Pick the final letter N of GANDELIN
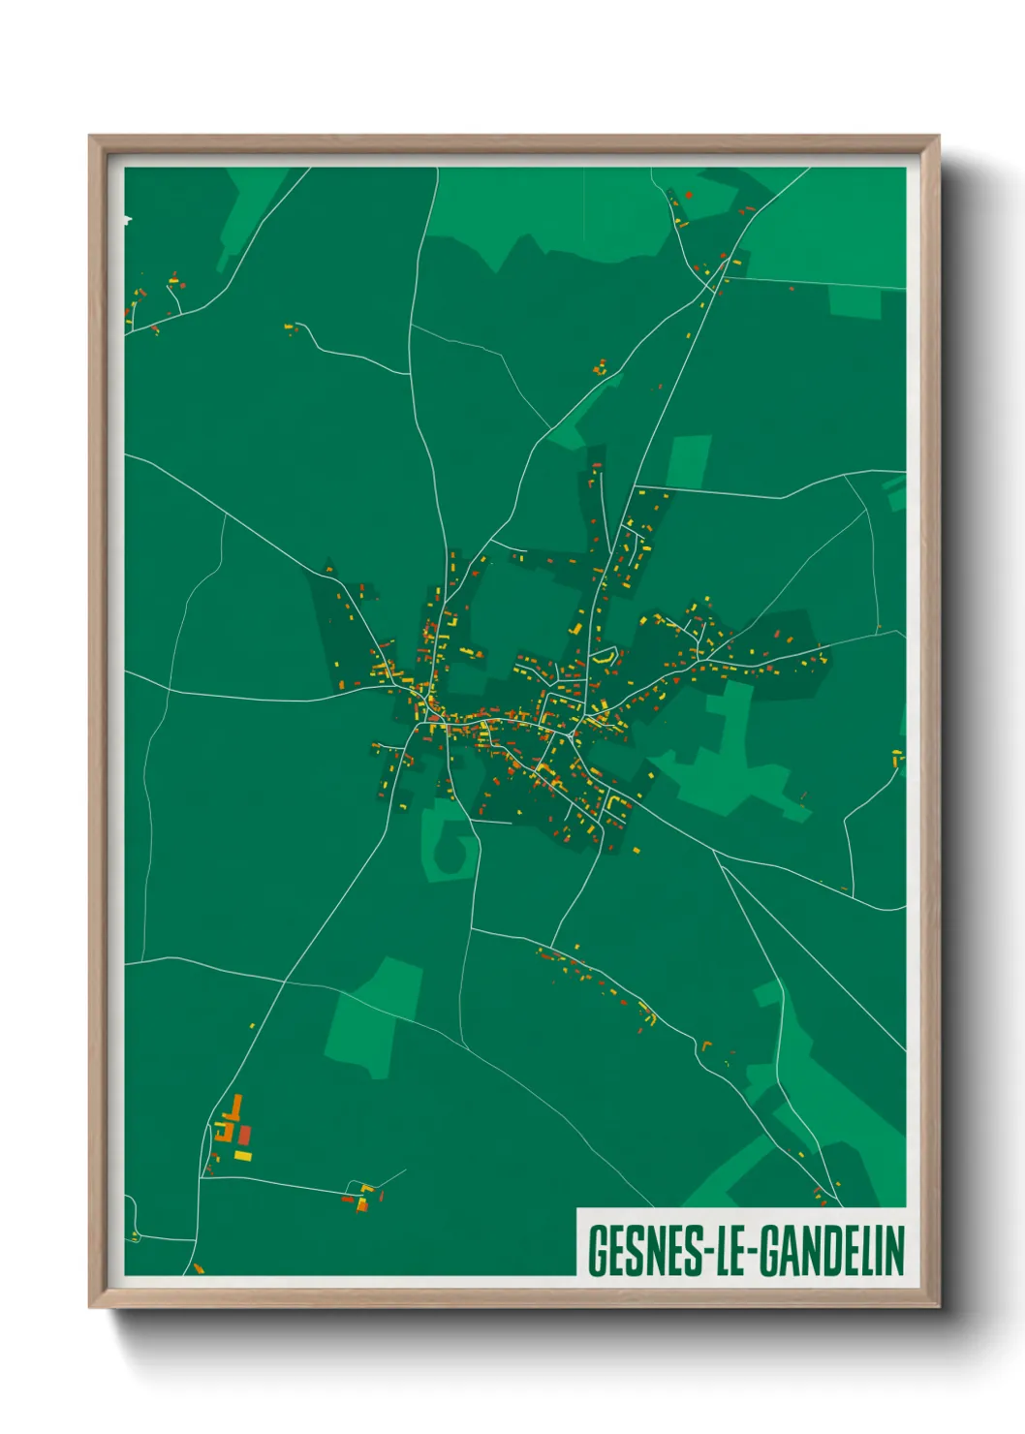894,1251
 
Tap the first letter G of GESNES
597,1251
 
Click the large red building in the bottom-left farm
245,1134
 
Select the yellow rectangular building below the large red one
242,1155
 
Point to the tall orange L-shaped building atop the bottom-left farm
234,1108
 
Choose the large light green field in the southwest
373,1017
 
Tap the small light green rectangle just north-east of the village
689,461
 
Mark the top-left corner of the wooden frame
91,138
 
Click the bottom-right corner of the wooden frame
938,1306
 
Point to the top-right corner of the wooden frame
938,138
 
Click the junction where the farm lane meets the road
202,1175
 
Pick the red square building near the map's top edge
688,195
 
